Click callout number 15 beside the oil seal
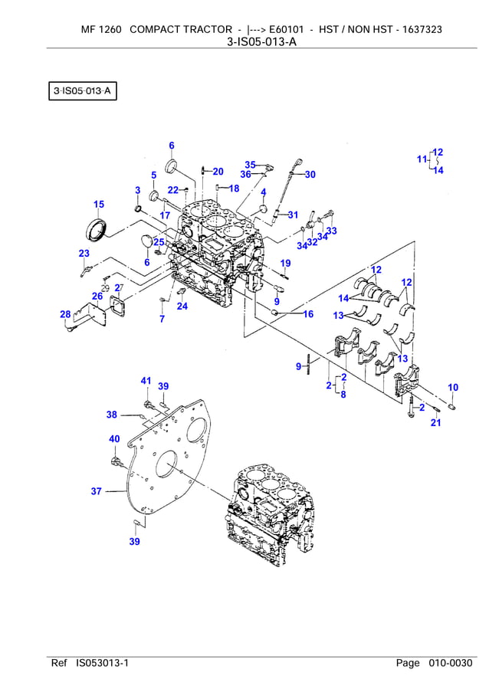tap(99, 204)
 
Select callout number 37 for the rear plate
tap(96, 491)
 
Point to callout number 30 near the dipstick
tap(310, 175)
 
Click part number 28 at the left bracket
tap(65, 313)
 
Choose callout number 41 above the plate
tap(146, 381)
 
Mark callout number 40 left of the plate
tap(114, 439)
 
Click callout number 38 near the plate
tap(112, 415)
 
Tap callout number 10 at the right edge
tap(453, 387)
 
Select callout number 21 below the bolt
tap(435, 422)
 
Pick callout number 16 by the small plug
tap(308, 314)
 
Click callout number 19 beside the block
tap(285, 264)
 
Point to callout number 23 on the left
tap(84, 254)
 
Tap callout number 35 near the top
tap(250, 165)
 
